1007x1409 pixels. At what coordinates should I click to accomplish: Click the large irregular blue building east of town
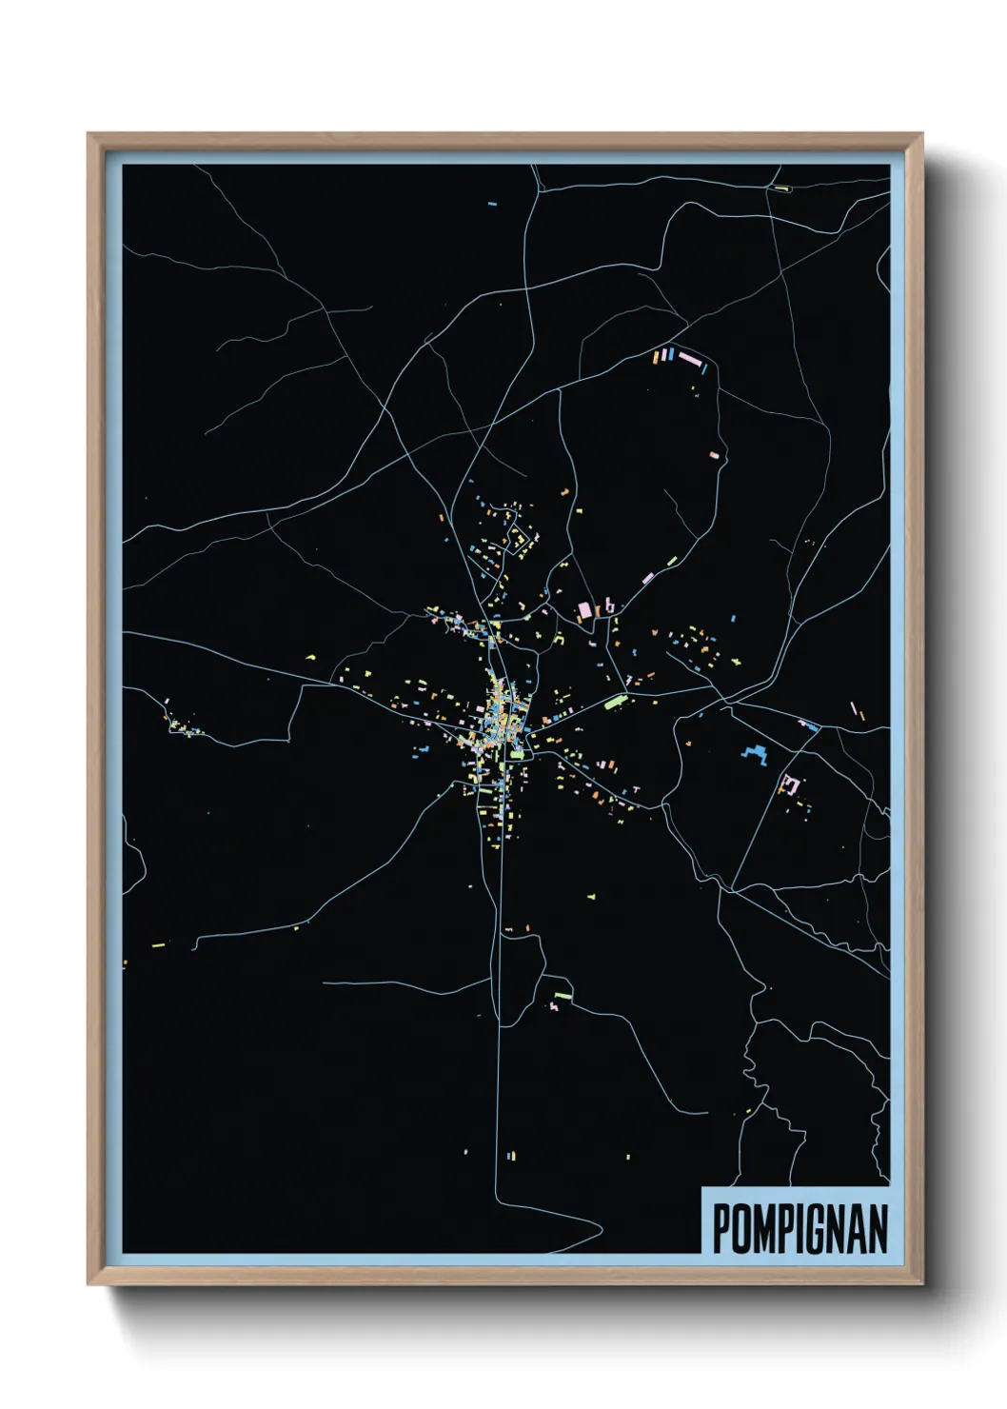755,756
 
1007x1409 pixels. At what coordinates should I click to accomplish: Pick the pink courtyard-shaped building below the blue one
788,784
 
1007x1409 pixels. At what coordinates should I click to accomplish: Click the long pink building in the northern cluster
689,359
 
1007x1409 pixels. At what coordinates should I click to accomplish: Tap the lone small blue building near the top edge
492,203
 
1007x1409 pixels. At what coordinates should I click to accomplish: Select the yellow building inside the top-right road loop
781,189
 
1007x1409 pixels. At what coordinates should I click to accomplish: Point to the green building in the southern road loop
563,996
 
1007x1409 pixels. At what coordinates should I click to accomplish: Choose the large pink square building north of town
584,608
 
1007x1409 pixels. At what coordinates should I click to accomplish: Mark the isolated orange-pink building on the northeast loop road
714,455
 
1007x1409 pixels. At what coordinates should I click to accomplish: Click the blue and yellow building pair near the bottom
511,1156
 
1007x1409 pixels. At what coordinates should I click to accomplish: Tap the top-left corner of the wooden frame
89,135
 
